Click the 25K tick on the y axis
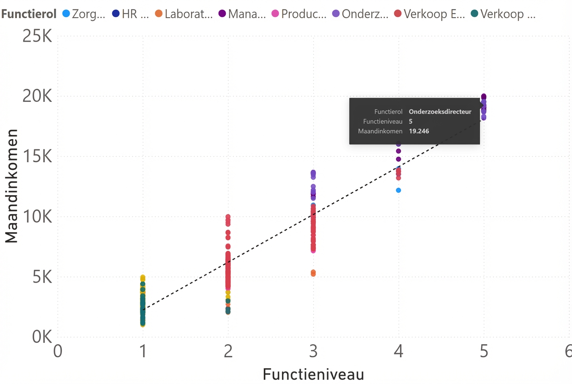pyautogui.click(x=38, y=37)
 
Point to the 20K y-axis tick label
pyautogui.click(x=38, y=96)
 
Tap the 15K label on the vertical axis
pyautogui.click(x=38, y=157)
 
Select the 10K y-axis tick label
pyautogui.click(x=38, y=217)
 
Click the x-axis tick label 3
pyautogui.click(x=313, y=352)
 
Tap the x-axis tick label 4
pyautogui.click(x=398, y=352)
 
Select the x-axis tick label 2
pyautogui.click(x=228, y=352)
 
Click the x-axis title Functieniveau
pyautogui.click(x=313, y=374)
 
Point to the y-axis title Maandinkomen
pyautogui.click(x=12, y=186)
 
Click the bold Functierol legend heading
pyautogui.click(x=29, y=14)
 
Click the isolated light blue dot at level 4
pyautogui.click(x=398, y=190)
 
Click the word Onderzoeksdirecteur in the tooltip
pyautogui.click(x=440, y=111)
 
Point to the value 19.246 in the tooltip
pyautogui.click(x=419, y=131)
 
